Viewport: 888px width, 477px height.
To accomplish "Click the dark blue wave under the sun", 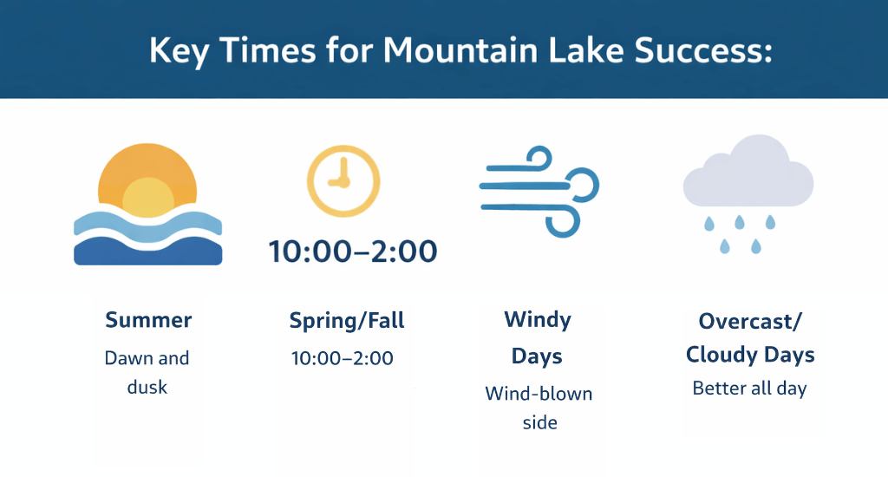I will click(x=148, y=252).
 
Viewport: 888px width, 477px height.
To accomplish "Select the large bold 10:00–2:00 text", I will click(x=353, y=252).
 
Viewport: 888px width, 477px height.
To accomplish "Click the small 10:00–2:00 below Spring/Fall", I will click(x=343, y=358).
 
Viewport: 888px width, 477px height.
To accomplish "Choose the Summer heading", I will click(x=148, y=320).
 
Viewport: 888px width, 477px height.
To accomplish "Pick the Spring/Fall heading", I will click(x=347, y=321).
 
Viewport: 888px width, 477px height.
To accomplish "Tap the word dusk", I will click(x=147, y=387).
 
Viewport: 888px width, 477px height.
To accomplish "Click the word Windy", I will click(x=538, y=320).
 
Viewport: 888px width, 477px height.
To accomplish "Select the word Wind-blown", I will click(x=539, y=394).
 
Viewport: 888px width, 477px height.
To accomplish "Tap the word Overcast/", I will click(x=750, y=321).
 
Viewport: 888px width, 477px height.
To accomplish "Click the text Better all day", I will click(x=749, y=389).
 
